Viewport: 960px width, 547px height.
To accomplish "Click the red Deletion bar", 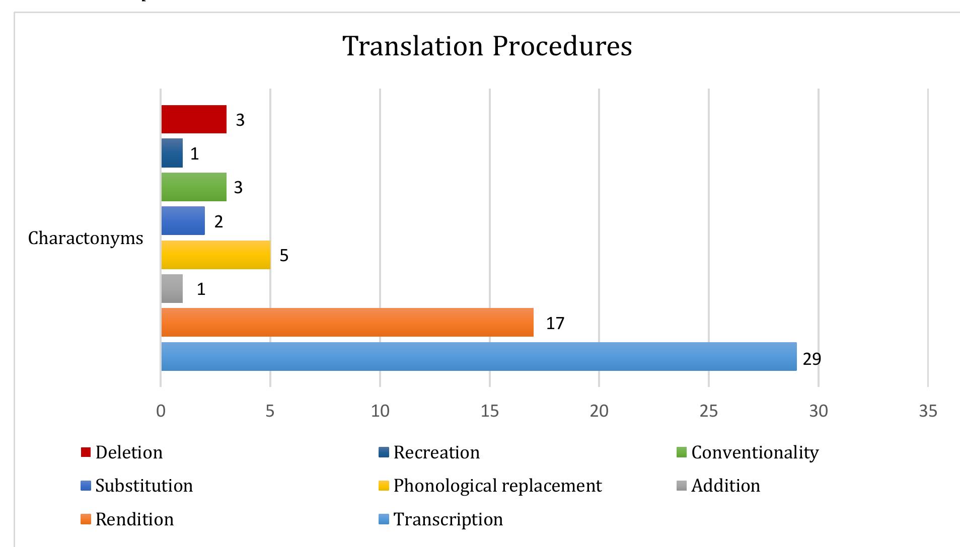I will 194,119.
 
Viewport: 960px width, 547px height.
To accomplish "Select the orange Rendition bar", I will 347,322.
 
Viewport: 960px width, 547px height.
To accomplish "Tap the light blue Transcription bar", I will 478,356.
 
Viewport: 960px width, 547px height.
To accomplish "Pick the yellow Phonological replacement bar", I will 215,255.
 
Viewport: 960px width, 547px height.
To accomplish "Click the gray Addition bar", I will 172,288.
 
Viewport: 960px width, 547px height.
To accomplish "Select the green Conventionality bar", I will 194,187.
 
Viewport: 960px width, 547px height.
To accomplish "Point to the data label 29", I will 811,359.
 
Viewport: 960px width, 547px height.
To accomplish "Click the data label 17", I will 555,323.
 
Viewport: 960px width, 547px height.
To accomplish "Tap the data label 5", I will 284,256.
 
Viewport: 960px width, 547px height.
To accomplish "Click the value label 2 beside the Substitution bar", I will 218,221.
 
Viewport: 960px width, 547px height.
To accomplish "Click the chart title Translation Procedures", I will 487,46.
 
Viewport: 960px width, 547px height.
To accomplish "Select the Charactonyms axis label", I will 86,238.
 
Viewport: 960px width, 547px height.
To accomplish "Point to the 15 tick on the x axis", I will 489,411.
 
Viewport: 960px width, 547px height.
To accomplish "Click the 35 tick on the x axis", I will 928,411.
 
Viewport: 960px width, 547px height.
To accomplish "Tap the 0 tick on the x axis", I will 161,411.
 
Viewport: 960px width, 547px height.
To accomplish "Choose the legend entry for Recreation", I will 436,452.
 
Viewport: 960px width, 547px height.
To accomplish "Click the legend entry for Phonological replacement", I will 497,486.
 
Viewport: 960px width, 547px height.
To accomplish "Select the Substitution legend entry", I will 143,486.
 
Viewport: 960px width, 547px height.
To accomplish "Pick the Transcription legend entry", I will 448,519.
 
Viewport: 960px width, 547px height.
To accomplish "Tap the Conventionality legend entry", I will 755,452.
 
